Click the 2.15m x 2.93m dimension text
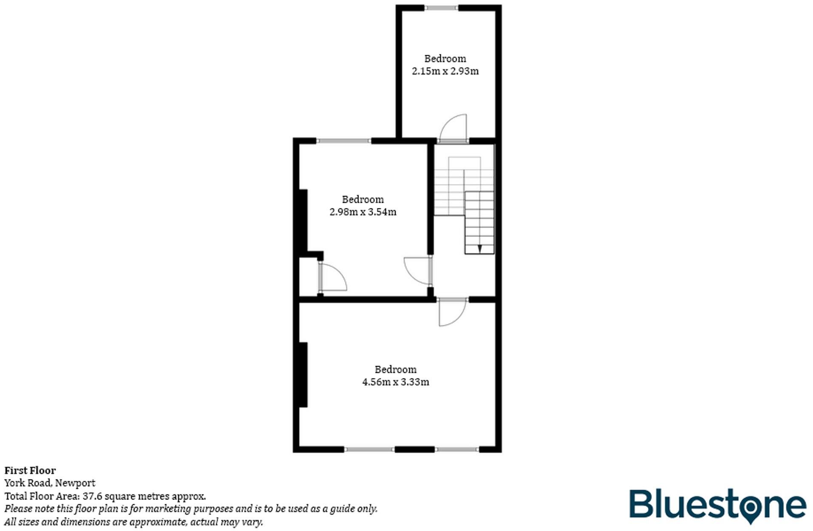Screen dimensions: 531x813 445,71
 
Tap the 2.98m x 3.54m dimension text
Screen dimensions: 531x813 363,212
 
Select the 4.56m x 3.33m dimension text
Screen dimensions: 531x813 395,382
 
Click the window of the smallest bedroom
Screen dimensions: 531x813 442,8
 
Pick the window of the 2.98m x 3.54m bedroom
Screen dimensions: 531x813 344,141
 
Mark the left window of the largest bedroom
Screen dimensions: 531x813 369,449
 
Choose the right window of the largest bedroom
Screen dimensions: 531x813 457,449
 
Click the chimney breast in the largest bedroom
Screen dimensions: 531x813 303,375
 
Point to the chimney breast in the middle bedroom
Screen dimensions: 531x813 303,220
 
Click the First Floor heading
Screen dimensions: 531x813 30,471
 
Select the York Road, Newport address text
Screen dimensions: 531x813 50,483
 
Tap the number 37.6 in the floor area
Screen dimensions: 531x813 92,496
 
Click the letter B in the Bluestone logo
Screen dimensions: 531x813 640,504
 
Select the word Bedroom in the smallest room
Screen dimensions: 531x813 445,59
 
